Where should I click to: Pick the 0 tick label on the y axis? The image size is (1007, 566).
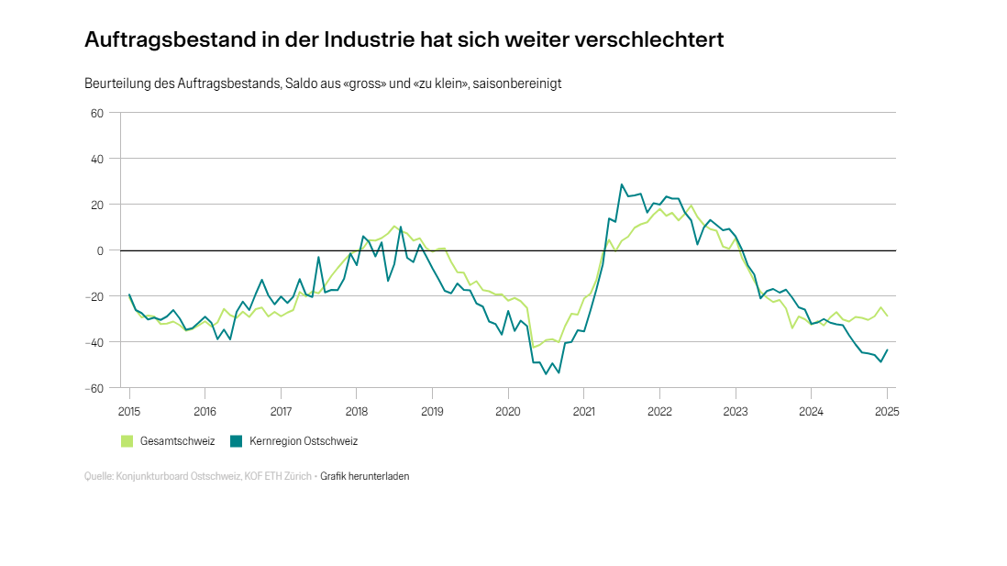tap(101, 250)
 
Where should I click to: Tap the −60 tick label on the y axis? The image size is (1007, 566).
tap(95, 388)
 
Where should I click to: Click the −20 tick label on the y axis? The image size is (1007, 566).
tap(95, 296)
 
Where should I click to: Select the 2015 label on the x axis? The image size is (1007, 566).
tap(129, 411)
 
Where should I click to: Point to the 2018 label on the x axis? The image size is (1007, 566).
tap(357, 411)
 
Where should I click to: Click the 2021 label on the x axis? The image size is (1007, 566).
tap(584, 411)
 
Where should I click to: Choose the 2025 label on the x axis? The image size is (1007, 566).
tap(887, 411)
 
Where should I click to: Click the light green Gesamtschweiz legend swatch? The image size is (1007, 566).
tap(127, 441)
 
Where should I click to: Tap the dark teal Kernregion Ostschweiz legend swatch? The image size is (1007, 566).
tap(237, 441)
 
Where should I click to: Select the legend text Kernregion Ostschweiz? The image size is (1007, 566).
tap(303, 441)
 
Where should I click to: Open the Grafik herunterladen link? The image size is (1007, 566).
tap(365, 477)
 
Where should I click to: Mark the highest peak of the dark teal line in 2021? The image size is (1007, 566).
tap(622, 184)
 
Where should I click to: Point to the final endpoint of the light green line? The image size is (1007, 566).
tap(887, 316)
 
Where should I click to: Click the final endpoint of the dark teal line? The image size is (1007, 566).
tap(887, 350)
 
